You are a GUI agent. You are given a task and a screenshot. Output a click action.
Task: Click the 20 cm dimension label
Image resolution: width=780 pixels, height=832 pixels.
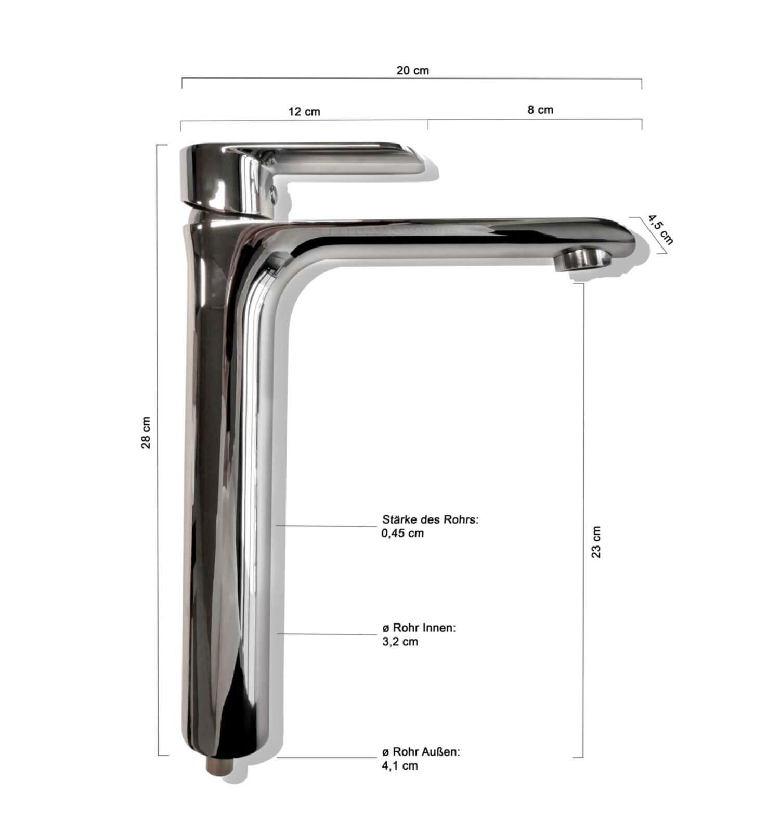point(413,70)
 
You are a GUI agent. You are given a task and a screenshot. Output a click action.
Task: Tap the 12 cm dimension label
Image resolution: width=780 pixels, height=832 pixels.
point(304,112)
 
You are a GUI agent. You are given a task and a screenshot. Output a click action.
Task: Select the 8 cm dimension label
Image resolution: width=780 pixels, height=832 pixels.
point(540,110)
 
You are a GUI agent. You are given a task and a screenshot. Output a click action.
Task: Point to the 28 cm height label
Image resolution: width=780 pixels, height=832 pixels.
point(146,432)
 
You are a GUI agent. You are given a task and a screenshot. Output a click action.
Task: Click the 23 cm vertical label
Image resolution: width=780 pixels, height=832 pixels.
point(596,542)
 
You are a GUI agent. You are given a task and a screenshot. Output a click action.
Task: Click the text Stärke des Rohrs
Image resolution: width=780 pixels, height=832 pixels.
point(430,519)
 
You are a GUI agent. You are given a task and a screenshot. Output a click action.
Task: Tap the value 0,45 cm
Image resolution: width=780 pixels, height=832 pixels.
point(403,533)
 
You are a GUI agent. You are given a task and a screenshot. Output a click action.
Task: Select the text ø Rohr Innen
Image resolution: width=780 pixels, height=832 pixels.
point(419,628)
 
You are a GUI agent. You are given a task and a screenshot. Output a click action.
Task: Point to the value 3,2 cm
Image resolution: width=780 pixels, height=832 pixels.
point(400,642)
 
